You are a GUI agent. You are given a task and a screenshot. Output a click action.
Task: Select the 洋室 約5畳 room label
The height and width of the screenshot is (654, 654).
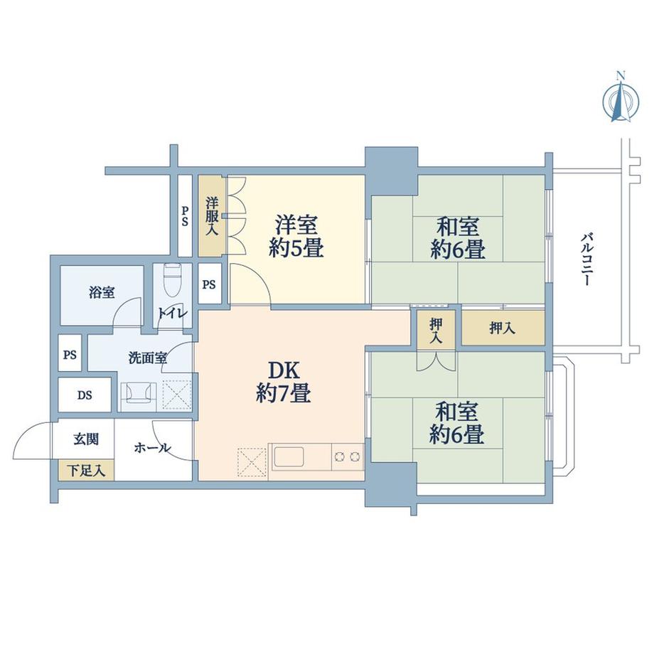(x=298, y=236)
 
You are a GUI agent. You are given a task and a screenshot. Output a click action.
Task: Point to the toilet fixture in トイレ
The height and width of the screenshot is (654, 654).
(x=171, y=282)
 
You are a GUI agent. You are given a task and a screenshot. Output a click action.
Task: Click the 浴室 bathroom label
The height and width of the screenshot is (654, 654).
(x=102, y=292)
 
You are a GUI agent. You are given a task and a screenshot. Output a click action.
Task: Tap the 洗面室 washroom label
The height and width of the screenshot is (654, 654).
(x=148, y=358)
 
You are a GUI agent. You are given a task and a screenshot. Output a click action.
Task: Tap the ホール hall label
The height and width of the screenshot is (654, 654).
(x=152, y=448)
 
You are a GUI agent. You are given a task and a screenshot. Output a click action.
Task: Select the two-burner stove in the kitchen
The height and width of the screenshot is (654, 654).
(x=348, y=456)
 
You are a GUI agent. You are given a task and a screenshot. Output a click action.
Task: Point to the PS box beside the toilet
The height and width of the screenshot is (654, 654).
(x=209, y=284)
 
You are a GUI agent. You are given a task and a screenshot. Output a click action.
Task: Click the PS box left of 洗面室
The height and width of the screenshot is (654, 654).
(x=70, y=355)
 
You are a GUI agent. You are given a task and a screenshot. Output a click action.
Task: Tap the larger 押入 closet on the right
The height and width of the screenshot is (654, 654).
(x=503, y=328)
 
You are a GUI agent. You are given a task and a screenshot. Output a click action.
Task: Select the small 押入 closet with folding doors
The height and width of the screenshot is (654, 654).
(x=436, y=331)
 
